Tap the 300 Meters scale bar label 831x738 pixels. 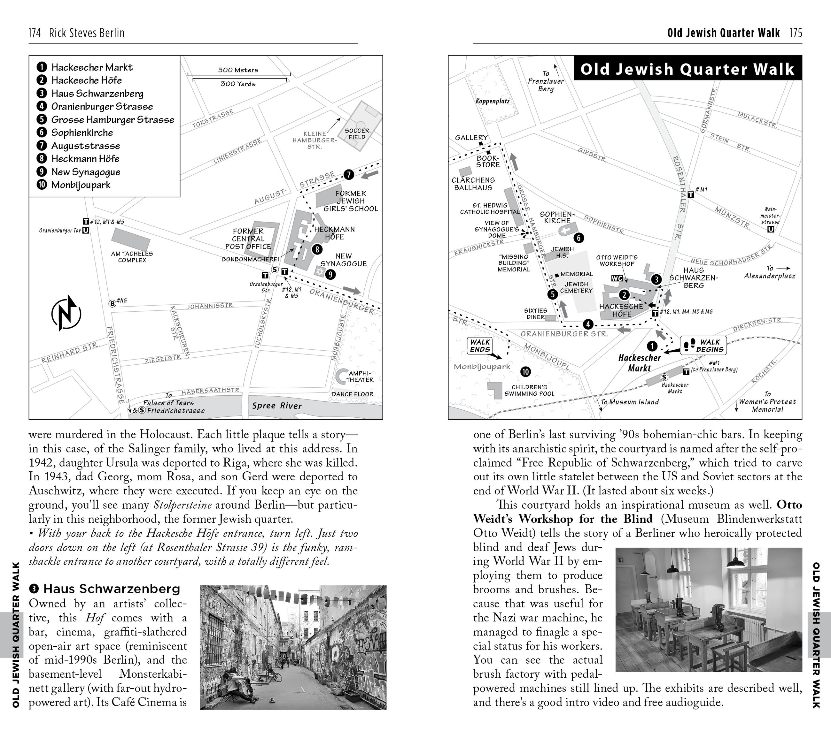[x=238, y=70]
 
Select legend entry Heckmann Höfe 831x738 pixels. [x=85, y=158]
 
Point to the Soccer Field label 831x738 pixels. [x=357, y=133]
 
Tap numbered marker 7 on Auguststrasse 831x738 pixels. [x=349, y=175]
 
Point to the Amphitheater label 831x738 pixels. [x=359, y=376]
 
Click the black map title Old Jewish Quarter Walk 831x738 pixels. [x=687, y=69]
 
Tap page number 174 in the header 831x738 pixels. [x=35, y=33]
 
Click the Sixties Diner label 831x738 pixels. [x=535, y=314]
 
